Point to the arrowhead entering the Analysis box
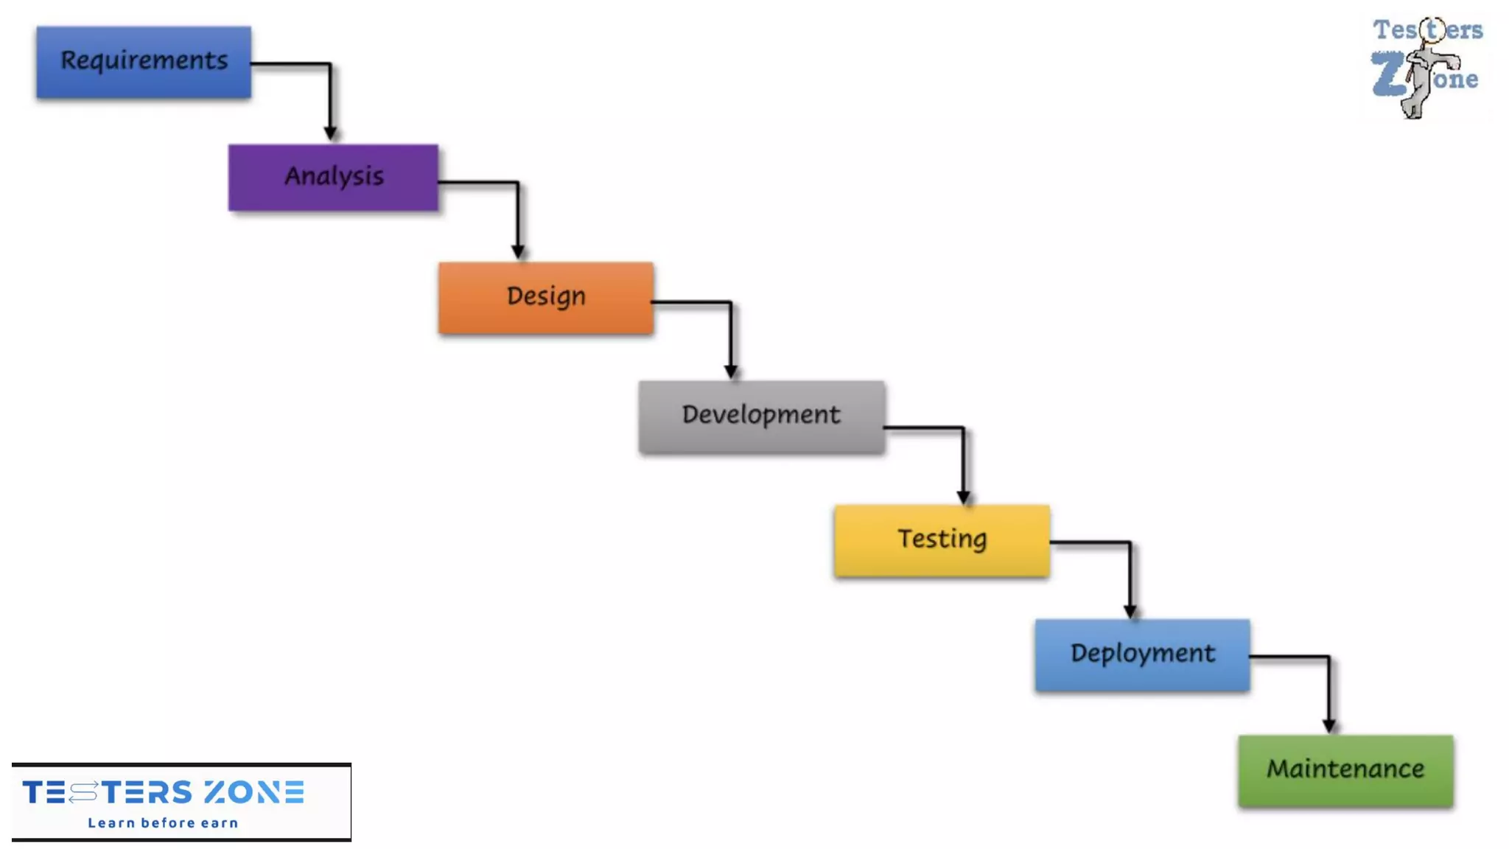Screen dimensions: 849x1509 pos(330,133)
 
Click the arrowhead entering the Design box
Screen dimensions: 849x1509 pos(518,252)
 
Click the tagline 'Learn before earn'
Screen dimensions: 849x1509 pos(163,822)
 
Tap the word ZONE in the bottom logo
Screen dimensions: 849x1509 pos(254,792)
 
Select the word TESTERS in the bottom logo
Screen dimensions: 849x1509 pos(108,792)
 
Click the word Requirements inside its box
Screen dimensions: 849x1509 pos(144,60)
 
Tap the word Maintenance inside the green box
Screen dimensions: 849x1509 pos(1345,769)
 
